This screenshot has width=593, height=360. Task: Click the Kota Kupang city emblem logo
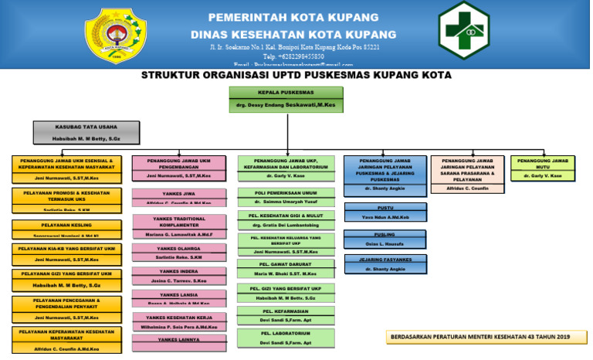coord(116,36)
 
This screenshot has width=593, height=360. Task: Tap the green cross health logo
coord(464,30)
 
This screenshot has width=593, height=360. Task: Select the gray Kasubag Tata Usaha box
coord(86,132)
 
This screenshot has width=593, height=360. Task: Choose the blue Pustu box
coord(385,212)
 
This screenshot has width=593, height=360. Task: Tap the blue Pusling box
coord(385,239)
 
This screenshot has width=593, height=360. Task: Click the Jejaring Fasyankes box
coord(385,264)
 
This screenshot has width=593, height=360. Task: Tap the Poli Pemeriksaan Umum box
coord(286,197)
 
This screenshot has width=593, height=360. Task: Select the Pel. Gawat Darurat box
coord(286,268)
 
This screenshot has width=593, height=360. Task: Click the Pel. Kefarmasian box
coord(286,314)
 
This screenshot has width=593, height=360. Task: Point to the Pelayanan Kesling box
coord(66,229)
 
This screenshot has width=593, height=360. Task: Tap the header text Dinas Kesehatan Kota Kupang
coord(293,34)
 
